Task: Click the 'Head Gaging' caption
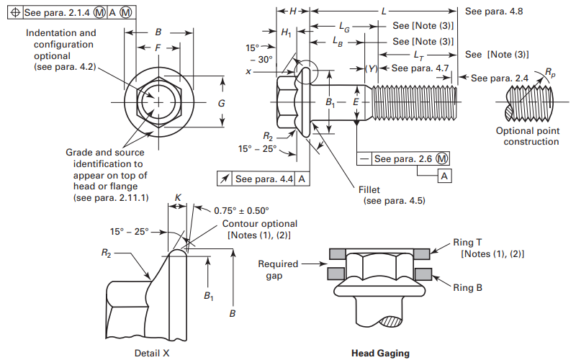(x=380, y=353)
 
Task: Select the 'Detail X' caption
(x=152, y=353)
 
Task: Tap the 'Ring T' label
(x=472, y=243)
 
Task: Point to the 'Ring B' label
(x=472, y=288)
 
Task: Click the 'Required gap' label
(x=278, y=269)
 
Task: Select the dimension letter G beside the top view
(x=222, y=104)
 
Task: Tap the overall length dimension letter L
(x=384, y=12)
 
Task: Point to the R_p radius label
(x=550, y=72)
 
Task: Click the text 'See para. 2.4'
(x=500, y=78)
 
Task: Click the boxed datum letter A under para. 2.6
(x=446, y=176)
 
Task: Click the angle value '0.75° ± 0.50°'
(x=241, y=210)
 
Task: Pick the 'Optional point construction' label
(x=527, y=136)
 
